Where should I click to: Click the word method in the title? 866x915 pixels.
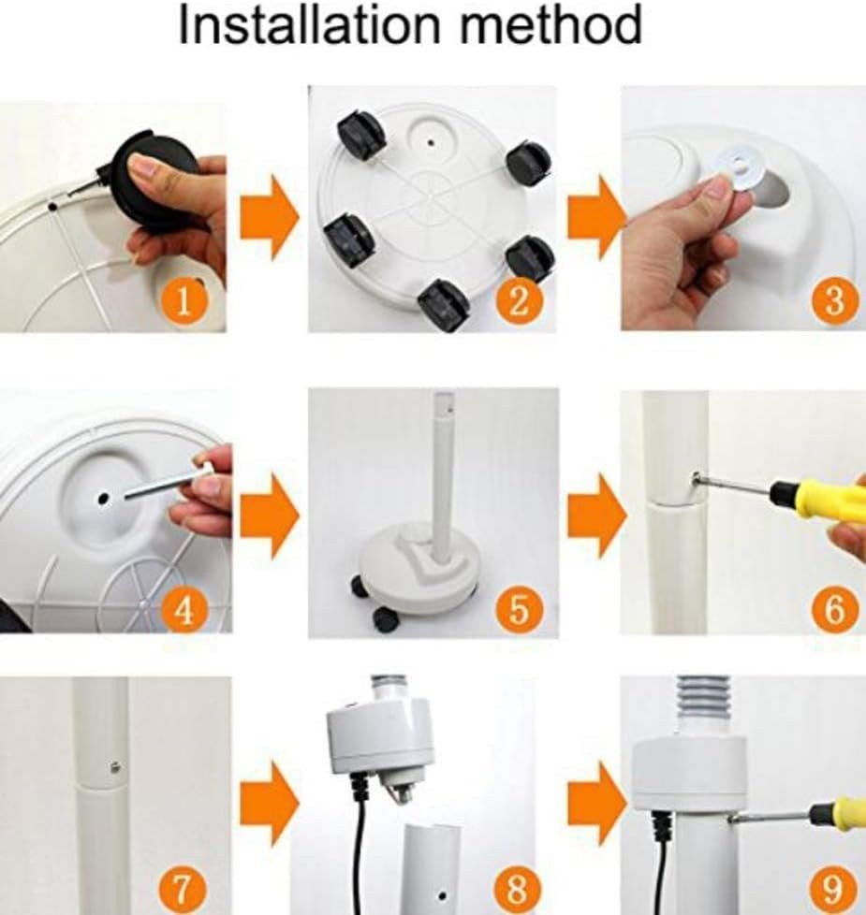point(551,25)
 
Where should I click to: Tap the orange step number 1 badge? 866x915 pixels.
point(183,301)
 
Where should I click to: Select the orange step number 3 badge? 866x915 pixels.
point(834,300)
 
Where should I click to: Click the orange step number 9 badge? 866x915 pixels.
point(834,891)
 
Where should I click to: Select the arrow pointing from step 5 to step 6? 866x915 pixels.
point(597,515)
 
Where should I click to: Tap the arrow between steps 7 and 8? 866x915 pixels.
point(270,804)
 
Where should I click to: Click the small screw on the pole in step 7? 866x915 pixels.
point(115,766)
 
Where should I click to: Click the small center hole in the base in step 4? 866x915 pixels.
point(104,498)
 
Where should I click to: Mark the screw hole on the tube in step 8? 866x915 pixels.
point(442,895)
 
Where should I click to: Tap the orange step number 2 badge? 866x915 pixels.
point(519,300)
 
